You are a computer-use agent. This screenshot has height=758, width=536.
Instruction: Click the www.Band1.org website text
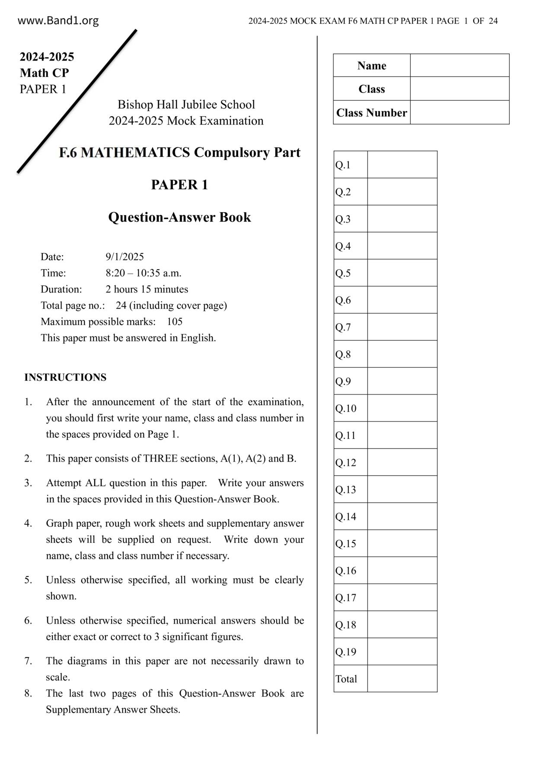pos(58,20)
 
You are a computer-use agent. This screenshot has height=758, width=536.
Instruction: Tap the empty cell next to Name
pos(459,65)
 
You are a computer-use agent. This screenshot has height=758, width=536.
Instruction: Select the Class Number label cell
pos(371,113)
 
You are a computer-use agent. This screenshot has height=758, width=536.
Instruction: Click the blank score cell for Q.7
pos(402,327)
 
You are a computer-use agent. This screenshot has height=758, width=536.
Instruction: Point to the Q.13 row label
pos(346,490)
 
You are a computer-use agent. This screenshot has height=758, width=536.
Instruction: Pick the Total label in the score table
pos(346,679)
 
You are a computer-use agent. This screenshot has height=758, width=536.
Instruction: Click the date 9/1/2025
pos(124,257)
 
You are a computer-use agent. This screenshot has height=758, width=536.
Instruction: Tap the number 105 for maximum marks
pos(175,322)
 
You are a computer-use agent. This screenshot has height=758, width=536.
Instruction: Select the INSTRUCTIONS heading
pos(65,377)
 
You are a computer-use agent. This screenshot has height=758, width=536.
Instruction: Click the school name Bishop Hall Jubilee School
pos(186,105)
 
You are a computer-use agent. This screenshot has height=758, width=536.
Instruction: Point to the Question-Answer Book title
pos(179,217)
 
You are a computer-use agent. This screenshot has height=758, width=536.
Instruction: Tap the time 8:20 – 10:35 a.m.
pos(144,273)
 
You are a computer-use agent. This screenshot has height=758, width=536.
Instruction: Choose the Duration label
pos(61,289)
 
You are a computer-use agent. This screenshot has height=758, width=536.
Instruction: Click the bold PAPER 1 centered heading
pos(179,185)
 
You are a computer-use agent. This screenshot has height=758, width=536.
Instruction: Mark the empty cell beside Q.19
pos(402,652)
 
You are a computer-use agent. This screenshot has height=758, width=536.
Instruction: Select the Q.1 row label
pos(343,165)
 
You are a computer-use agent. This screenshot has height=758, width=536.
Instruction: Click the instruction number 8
pos(28,694)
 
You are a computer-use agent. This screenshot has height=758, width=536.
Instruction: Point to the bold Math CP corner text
pos(44,73)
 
